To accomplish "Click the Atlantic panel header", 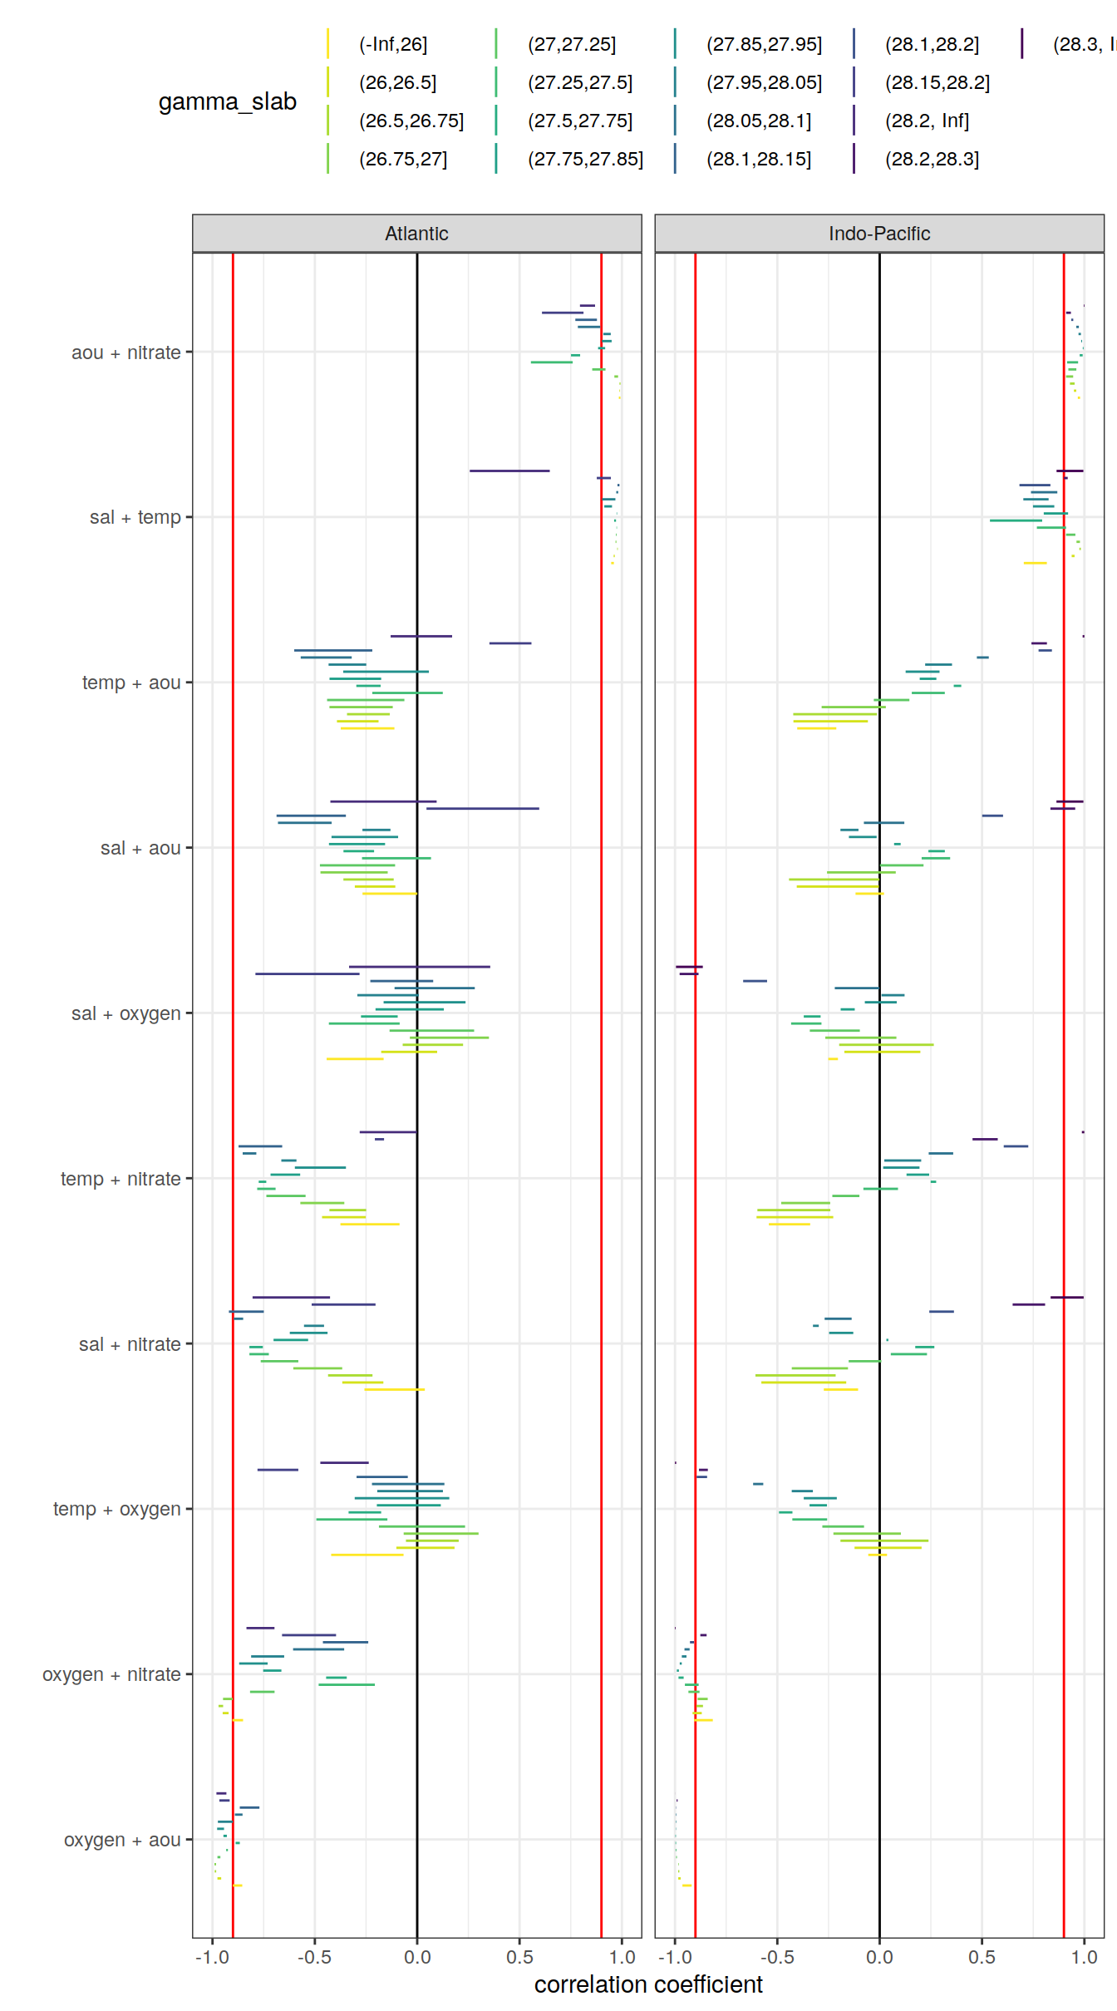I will pyautogui.click(x=416, y=234).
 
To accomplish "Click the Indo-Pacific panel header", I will pyautogui.click(x=878, y=234).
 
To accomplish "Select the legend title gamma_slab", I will pyautogui.click(x=227, y=101).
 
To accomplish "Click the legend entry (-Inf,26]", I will pyautogui.click(x=393, y=44).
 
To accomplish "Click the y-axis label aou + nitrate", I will pyautogui.click(x=125, y=352).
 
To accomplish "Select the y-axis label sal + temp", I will pyautogui.click(x=135, y=517).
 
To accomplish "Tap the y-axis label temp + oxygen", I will pyautogui.click(x=116, y=1509).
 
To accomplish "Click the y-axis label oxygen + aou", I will pyautogui.click(x=122, y=1840).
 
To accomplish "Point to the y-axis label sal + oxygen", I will pyautogui.click(x=125, y=1013).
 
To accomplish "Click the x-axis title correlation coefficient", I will pyautogui.click(x=648, y=1984).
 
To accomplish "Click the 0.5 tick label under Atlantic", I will pyautogui.click(x=519, y=1957).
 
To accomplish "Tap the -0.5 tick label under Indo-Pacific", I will pyautogui.click(x=777, y=1957).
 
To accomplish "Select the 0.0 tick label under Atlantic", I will pyautogui.click(x=417, y=1957).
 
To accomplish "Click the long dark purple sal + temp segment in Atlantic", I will pyautogui.click(x=509, y=471).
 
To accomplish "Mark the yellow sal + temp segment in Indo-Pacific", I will pyautogui.click(x=1035, y=563).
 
